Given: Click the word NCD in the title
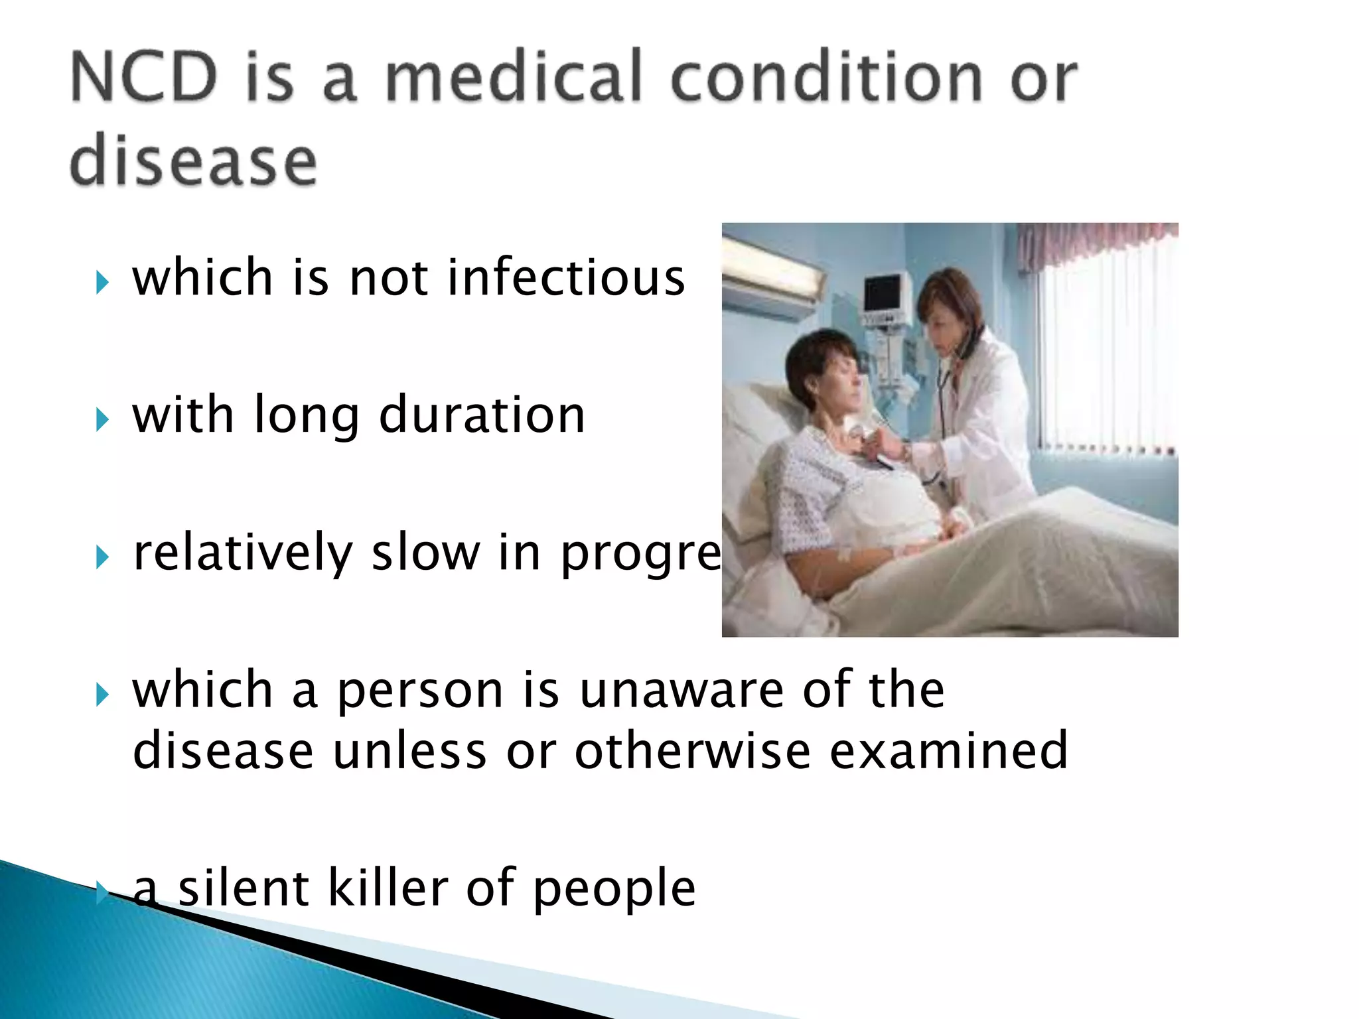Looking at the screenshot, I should click(x=143, y=78).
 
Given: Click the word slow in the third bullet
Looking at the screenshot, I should click(x=425, y=552).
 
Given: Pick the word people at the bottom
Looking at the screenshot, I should click(x=614, y=889).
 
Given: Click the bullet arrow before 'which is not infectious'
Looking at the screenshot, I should click(x=102, y=283).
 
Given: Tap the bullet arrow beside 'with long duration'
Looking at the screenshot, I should click(x=102, y=420).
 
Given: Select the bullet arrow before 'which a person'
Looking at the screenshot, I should click(x=102, y=695).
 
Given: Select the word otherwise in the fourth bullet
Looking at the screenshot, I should click(x=691, y=751).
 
